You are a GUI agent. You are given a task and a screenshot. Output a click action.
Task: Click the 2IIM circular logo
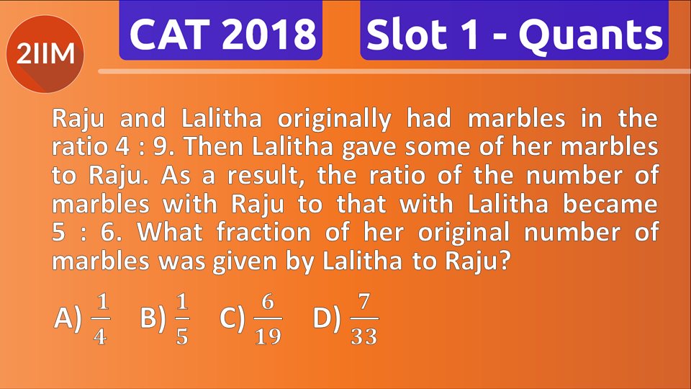45,53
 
